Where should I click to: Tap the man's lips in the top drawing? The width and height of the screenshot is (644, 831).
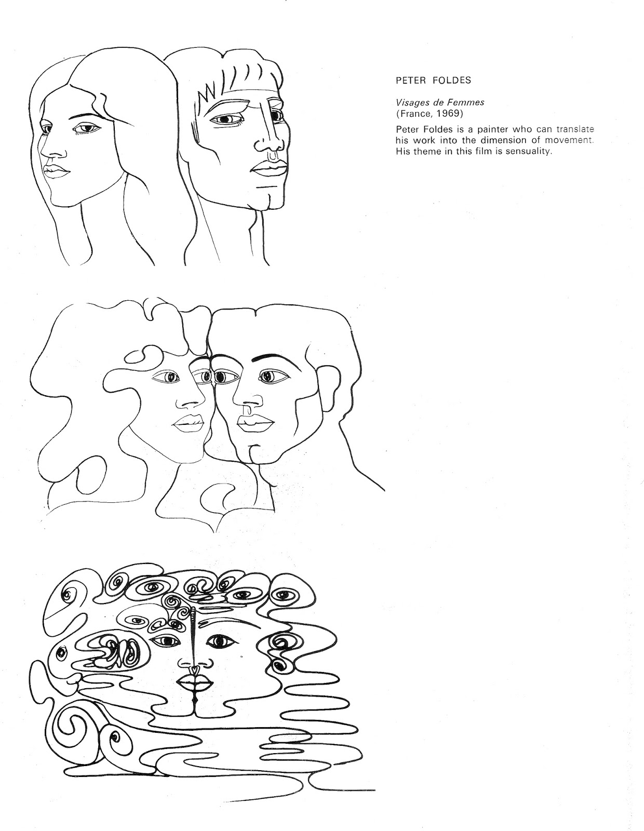267,168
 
